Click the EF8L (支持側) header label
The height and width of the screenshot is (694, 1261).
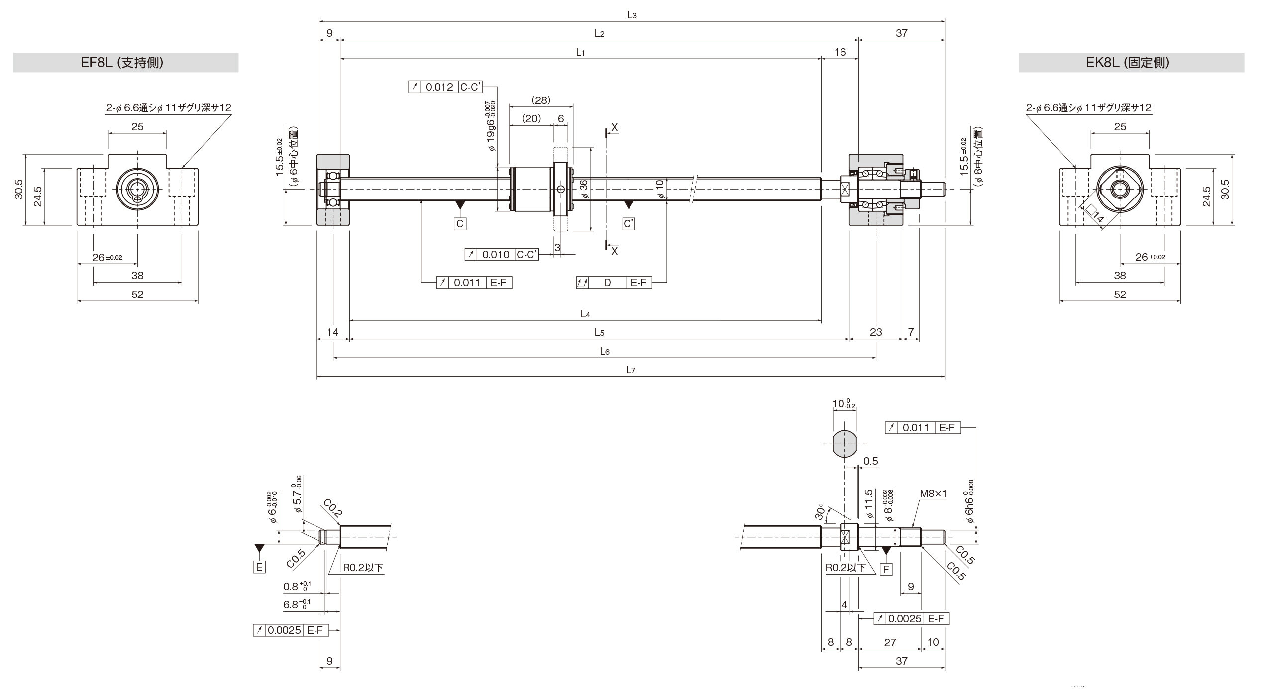(122, 63)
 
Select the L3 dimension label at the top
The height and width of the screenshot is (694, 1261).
(632, 15)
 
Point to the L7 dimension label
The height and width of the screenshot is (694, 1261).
(630, 370)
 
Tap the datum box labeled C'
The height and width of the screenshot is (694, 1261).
(629, 224)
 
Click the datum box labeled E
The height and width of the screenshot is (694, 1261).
(259, 567)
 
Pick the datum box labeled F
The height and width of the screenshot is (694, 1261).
(886, 569)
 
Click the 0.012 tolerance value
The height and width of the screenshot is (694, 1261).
(439, 87)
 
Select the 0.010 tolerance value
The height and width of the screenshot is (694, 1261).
(496, 255)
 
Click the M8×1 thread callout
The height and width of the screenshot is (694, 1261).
(933, 508)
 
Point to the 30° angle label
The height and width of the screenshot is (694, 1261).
(820, 514)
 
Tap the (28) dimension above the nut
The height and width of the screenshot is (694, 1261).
(541, 100)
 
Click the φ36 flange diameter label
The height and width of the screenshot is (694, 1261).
(584, 189)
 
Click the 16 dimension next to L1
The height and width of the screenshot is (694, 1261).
(840, 52)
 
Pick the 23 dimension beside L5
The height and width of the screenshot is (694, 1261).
(876, 332)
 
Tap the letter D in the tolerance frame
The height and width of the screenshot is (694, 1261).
(607, 283)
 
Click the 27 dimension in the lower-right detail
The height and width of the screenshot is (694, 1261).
(890, 642)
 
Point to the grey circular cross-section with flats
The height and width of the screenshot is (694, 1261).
(844, 444)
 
